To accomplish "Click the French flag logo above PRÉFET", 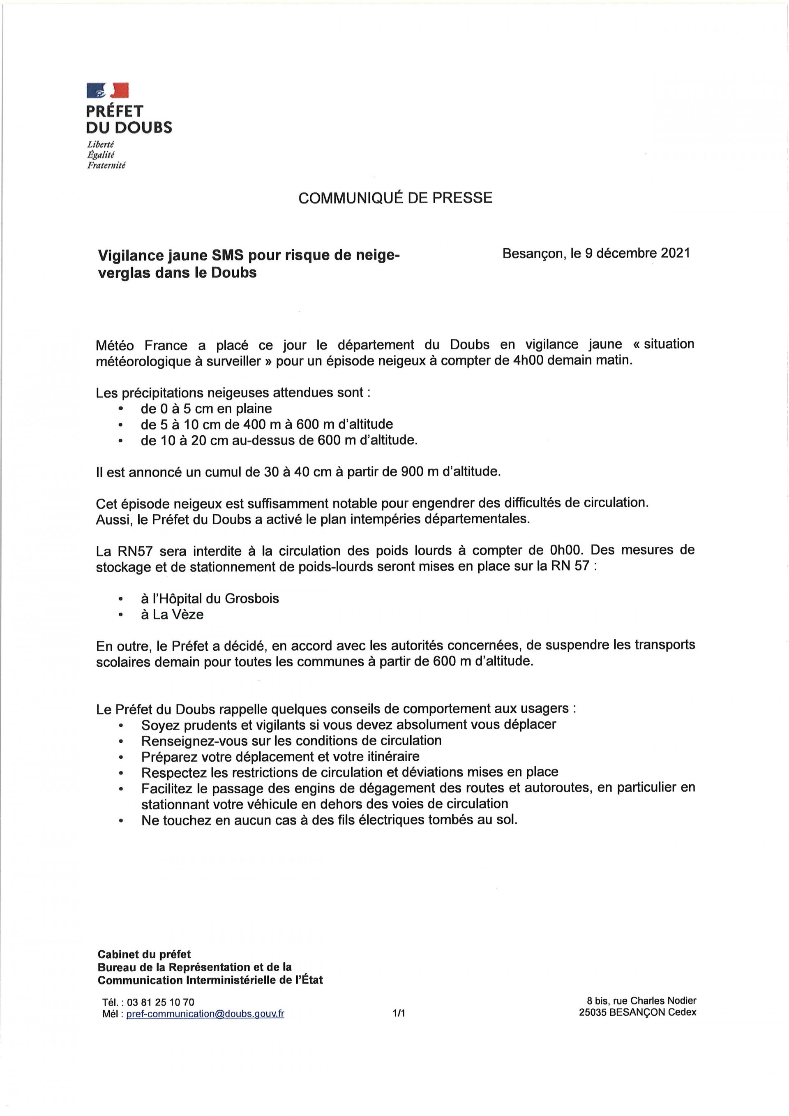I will [x=107, y=90].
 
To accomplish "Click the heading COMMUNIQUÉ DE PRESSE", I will [x=395, y=198].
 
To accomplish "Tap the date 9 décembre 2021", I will [x=637, y=253].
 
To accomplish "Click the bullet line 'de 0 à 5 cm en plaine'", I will [x=206, y=408].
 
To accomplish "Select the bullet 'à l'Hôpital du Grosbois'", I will [x=210, y=598].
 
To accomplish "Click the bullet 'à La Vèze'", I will [x=172, y=615].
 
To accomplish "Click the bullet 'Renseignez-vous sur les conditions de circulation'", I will [x=291, y=740].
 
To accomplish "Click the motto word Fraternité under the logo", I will [x=106, y=166].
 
